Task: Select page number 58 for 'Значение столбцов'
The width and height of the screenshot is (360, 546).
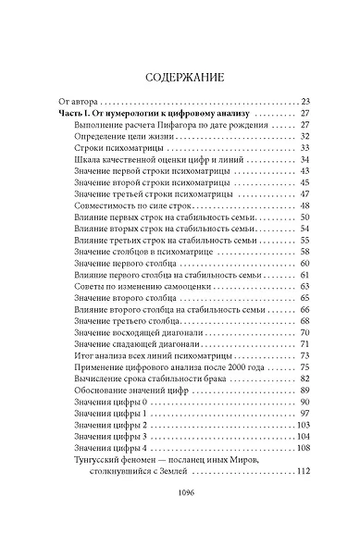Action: [304, 252]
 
